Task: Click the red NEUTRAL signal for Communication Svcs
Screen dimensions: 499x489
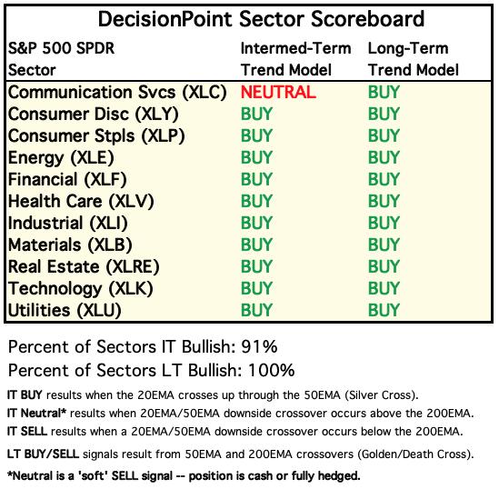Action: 278,93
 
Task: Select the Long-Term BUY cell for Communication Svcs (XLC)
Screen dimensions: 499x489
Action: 384,93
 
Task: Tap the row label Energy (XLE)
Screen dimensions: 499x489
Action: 61,158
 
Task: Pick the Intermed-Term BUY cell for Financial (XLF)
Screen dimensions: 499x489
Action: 256,179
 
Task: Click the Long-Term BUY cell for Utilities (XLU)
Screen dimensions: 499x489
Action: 384,310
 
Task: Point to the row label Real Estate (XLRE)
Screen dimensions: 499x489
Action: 84,267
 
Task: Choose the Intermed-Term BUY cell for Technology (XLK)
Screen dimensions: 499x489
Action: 256,288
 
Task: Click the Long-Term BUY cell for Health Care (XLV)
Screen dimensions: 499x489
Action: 384,201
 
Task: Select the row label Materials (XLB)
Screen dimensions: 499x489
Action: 70,245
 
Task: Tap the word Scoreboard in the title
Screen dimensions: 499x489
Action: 367,19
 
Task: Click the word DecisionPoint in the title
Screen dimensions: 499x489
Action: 165,19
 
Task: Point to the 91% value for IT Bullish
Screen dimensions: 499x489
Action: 259,346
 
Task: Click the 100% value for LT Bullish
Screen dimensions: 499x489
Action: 271,370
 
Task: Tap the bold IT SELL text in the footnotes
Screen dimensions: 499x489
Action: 27,432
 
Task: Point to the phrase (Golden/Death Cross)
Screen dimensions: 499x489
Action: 414,454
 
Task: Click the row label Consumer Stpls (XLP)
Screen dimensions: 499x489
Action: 96,136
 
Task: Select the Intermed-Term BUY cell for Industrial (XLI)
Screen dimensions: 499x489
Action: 256,223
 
